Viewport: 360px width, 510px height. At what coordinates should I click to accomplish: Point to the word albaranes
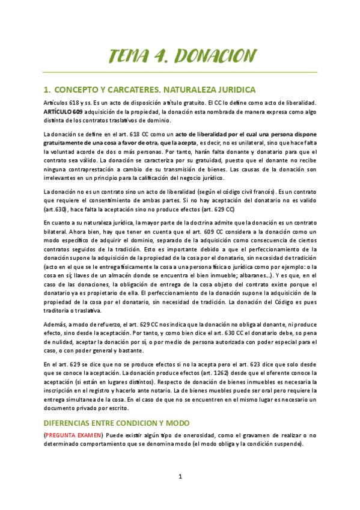pyautogui.click(x=243, y=274)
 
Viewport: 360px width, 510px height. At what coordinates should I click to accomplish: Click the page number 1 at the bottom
pyautogui.click(x=179, y=478)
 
